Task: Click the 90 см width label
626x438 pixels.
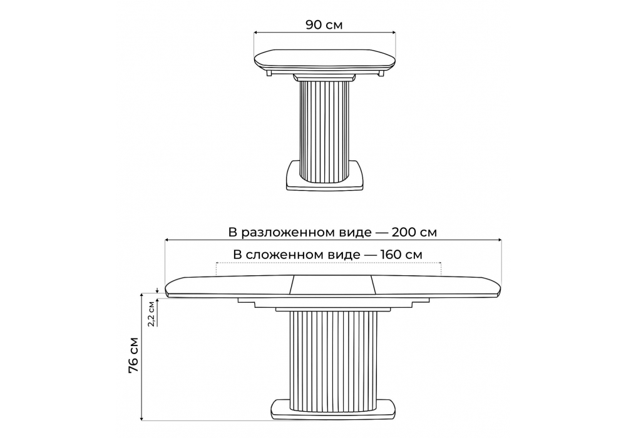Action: click(x=324, y=25)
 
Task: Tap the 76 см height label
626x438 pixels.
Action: click(x=134, y=355)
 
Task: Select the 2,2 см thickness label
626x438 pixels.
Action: click(x=151, y=314)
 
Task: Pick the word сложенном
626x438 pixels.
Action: click(x=303, y=255)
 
